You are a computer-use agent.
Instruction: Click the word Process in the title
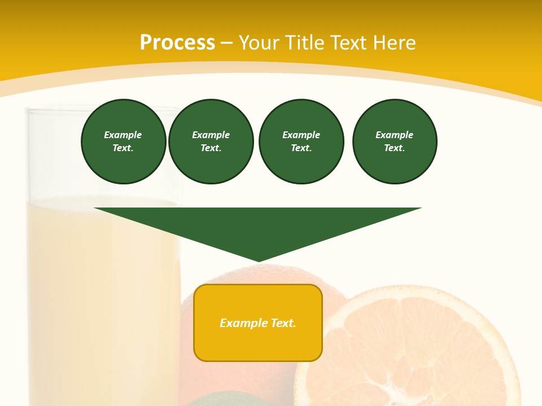pos(177,43)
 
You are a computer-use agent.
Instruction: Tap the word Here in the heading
pos(394,43)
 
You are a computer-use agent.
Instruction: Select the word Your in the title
pos(259,43)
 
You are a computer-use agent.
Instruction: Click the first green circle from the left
pos(124,142)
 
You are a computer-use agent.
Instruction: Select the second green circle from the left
pos(211,142)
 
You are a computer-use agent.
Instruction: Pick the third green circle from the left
pos(301,142)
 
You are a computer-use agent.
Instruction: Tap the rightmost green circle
pos(395,142)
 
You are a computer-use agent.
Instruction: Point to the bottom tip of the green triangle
pos(259,260)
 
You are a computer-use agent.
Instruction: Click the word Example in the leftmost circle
pos(123,135)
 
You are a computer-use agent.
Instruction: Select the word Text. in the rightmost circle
pos(395,148)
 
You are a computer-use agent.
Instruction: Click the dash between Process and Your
pos(227,43)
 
